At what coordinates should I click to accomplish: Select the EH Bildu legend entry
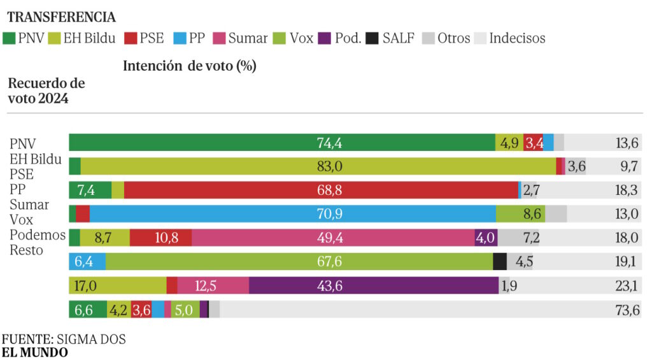(82, 38)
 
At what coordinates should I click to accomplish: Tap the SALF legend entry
(392, 38)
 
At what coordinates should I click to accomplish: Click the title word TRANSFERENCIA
(62, 17)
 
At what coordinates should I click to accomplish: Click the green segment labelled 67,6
(299, 261)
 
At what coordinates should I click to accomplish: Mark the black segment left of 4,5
(500, 261)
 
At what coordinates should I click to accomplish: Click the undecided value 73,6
(627, 310)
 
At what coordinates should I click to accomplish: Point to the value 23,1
(627, 285)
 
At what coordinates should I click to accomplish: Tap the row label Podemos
(38, 235)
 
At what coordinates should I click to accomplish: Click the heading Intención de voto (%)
(189, 66)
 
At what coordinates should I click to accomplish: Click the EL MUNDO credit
(35, 352)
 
